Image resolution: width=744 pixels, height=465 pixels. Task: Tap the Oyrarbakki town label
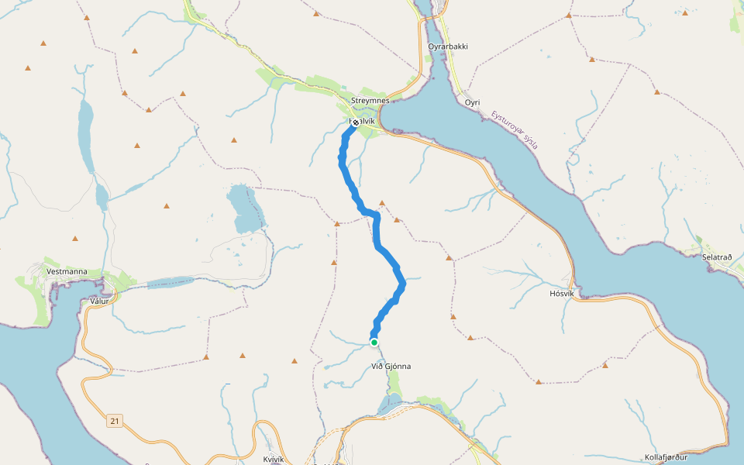click(x=448, y=46)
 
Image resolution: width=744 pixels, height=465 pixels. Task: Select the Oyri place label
click(x=472, y=102)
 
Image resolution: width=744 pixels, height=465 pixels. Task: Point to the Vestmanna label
click(x=67, y=272)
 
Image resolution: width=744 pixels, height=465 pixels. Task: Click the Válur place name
click(x=100, y=301)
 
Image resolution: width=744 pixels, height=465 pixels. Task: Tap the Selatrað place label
click(x=717, y=257)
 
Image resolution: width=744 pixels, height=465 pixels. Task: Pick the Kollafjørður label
click(x=666, y=457)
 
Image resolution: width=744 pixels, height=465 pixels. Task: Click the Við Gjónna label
click(x=391, y=366)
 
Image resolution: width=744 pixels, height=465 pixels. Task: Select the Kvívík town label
click(x=274, y=459)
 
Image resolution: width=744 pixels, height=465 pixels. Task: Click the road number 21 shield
click(x=115, y=421)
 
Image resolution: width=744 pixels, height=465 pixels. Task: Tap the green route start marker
click(x=374, y=342)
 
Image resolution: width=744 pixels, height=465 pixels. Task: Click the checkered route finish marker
click(x=355, y=122)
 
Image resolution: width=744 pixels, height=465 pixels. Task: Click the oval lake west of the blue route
click(x=243, y=208)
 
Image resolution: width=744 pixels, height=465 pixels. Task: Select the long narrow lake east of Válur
click(x=170, y=282)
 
